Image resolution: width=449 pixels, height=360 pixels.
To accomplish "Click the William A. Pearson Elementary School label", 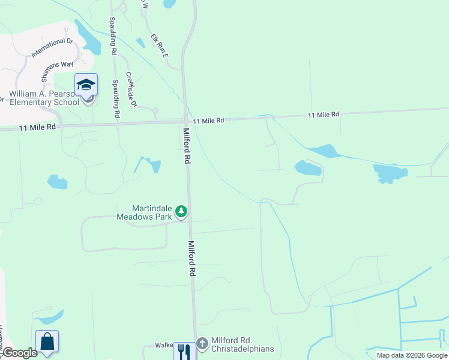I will [x=43, y=98].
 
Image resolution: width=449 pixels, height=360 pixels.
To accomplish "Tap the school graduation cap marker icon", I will [x=86, y=85].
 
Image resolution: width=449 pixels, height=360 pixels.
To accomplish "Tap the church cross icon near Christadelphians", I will [x=202, y=343].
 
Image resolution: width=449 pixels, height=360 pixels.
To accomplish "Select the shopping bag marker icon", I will [x=47, y=341].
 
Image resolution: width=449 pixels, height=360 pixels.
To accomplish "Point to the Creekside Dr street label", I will [x=131, y=90].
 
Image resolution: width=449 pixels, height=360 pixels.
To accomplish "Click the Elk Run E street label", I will [x=160, y=45].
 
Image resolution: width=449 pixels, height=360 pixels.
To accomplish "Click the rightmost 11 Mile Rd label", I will [x=324, y=114].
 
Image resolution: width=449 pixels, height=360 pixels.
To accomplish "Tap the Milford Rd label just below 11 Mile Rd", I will [x=187, y=146].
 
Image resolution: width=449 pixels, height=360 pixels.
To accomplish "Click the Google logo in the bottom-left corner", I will [x=20, y=353].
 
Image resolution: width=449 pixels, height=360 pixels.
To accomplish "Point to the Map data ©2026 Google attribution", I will [x=412, y=355].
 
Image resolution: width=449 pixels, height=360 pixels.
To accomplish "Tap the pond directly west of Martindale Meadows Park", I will [x=57, y=181].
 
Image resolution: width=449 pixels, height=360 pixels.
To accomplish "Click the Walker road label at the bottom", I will [x=164, y=345].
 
